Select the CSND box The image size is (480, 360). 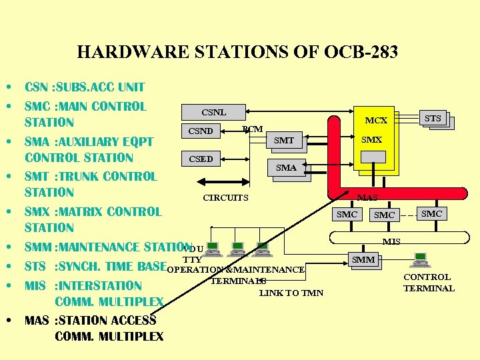[x=201, y=131]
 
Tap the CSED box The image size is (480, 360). [x=201, y=159]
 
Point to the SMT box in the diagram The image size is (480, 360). [x=284, y=140]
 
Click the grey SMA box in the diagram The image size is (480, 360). [x=286, y=168]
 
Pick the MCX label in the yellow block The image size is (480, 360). [x=376, y=121]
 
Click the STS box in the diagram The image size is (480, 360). [x=433, y=119]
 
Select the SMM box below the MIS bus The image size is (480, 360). [x=363, y=259]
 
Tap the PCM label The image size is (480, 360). [x=252, y=129]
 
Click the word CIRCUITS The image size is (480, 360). [x=225, y=197]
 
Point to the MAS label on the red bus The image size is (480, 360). [x=367, y=197]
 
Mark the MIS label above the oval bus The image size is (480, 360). [x=391, y=241]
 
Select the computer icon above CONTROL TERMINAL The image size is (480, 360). [x=421, y=260]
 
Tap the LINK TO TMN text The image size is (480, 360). [x=291, y=293]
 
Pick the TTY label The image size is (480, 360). [x=192, y=259]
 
